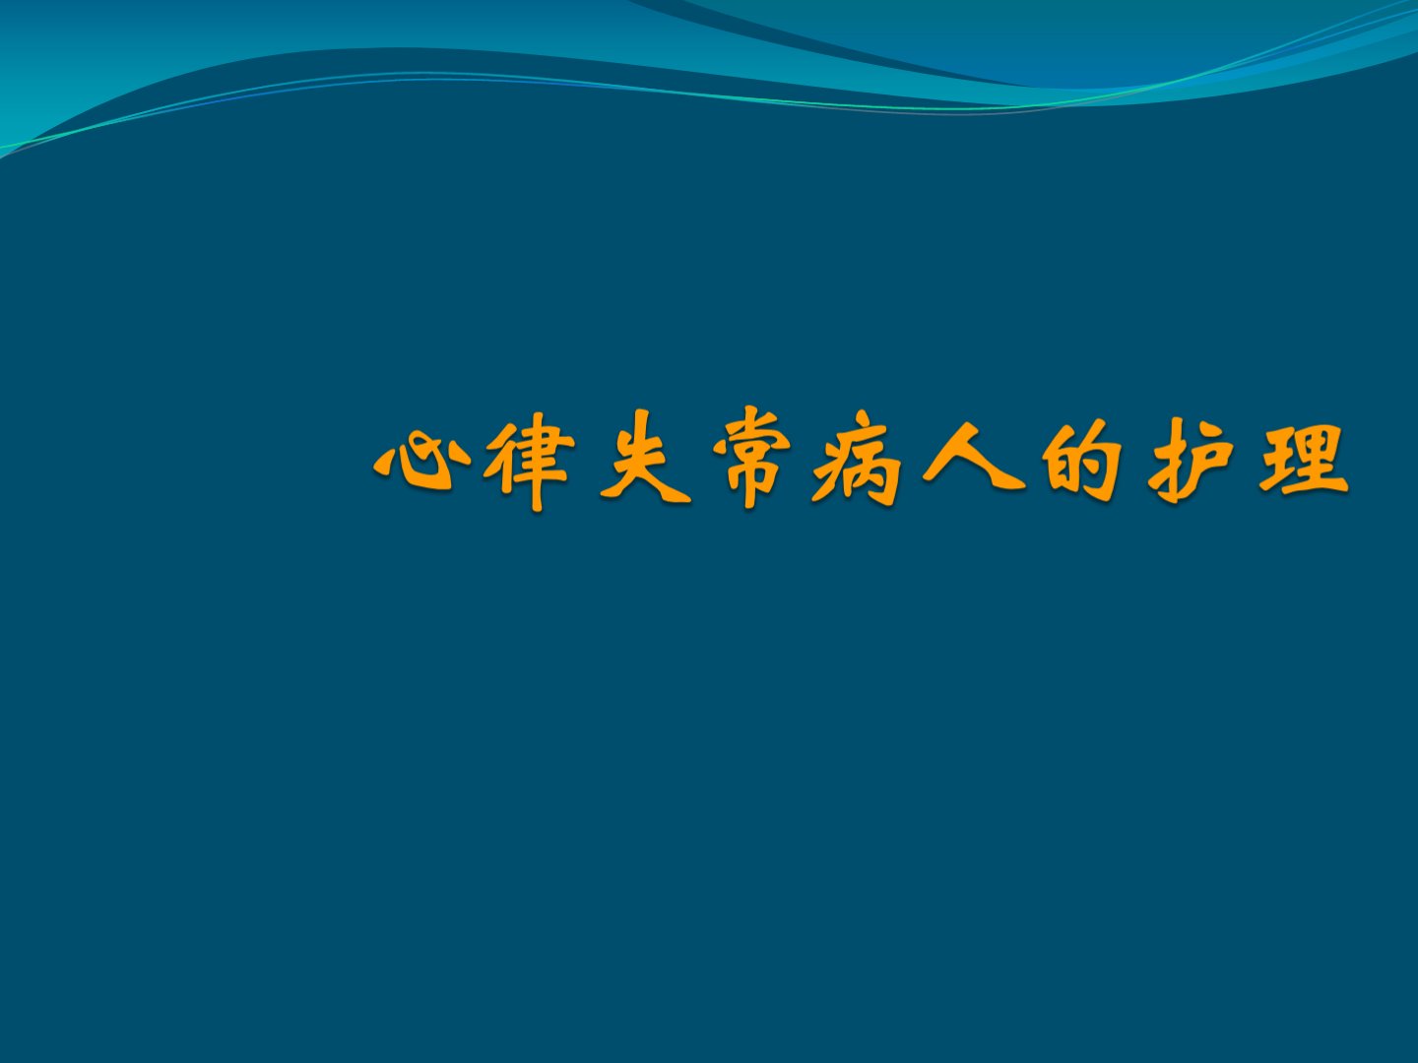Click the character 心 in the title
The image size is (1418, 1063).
pos(415,463)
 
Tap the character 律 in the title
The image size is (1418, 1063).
pos(529,461)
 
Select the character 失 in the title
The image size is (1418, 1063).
pos(644,459)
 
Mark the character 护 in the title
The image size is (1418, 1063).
pos(1189,461)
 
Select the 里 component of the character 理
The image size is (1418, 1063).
pos(1321,460)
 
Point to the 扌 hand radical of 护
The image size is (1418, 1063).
pos(1169,463)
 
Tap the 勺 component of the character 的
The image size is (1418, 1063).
pos(1098,459)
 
